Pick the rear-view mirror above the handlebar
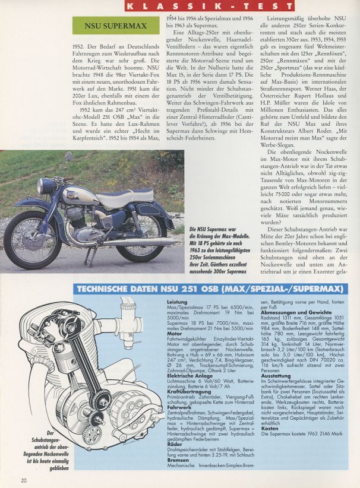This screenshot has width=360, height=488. coord(68,157)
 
